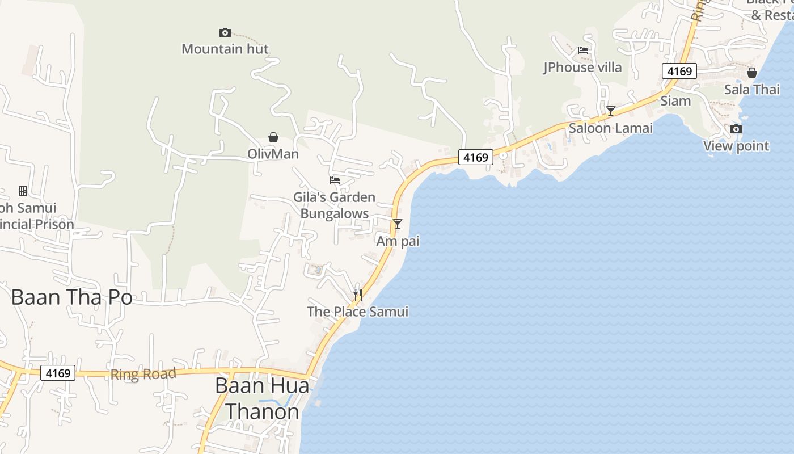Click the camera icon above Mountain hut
tap(225, 32)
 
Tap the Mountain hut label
tap(225, 49)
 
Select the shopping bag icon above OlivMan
tap(273, 137)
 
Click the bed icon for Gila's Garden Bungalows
tap(335, 180)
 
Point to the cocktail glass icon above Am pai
tap(398, 224)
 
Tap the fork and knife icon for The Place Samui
tap(357, 295)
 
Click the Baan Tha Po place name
tap(72, 297)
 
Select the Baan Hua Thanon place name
tap(262, 399)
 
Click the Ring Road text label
tap(143, 374)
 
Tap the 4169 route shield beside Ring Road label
tap(58, 373)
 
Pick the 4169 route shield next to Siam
tap(679, 71)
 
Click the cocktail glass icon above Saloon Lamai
tap(611, 111)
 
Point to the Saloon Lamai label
tap(611, 128)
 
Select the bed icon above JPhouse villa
tap(583, 51)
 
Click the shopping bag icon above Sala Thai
tap(752, 73)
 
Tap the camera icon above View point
tap(736, 129)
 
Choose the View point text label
tap(736, 146)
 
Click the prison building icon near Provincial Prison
tap(23, 191)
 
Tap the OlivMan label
tap(273, 154)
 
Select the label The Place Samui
tap(357, 312)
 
